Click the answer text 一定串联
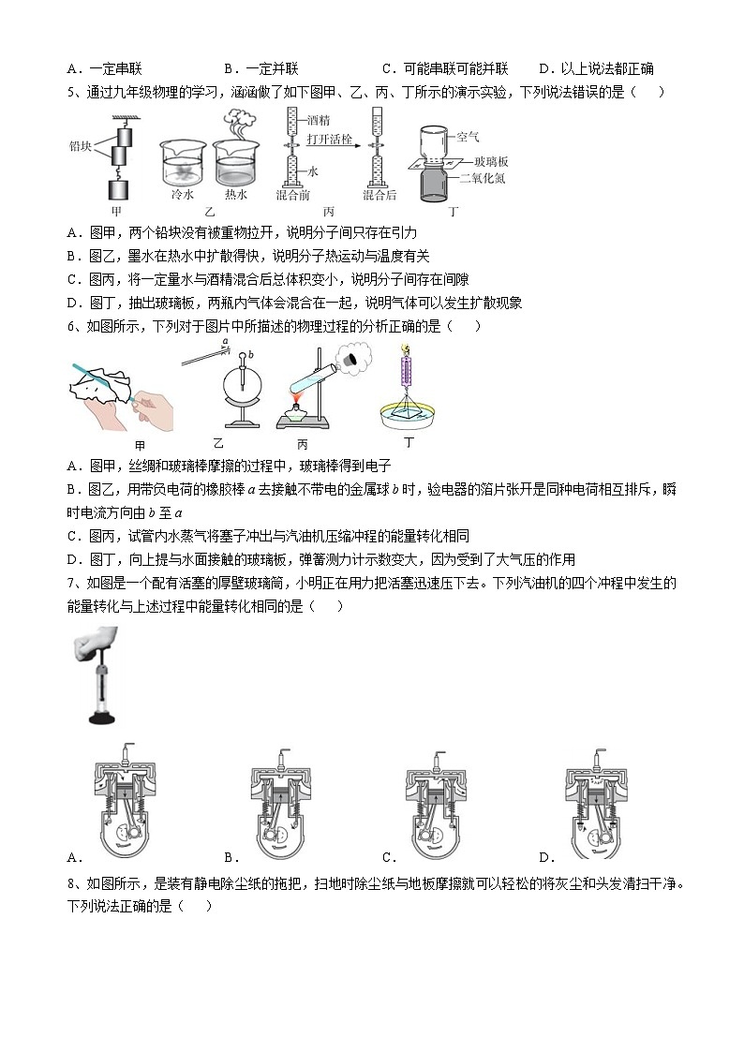(x=115, y=68)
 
